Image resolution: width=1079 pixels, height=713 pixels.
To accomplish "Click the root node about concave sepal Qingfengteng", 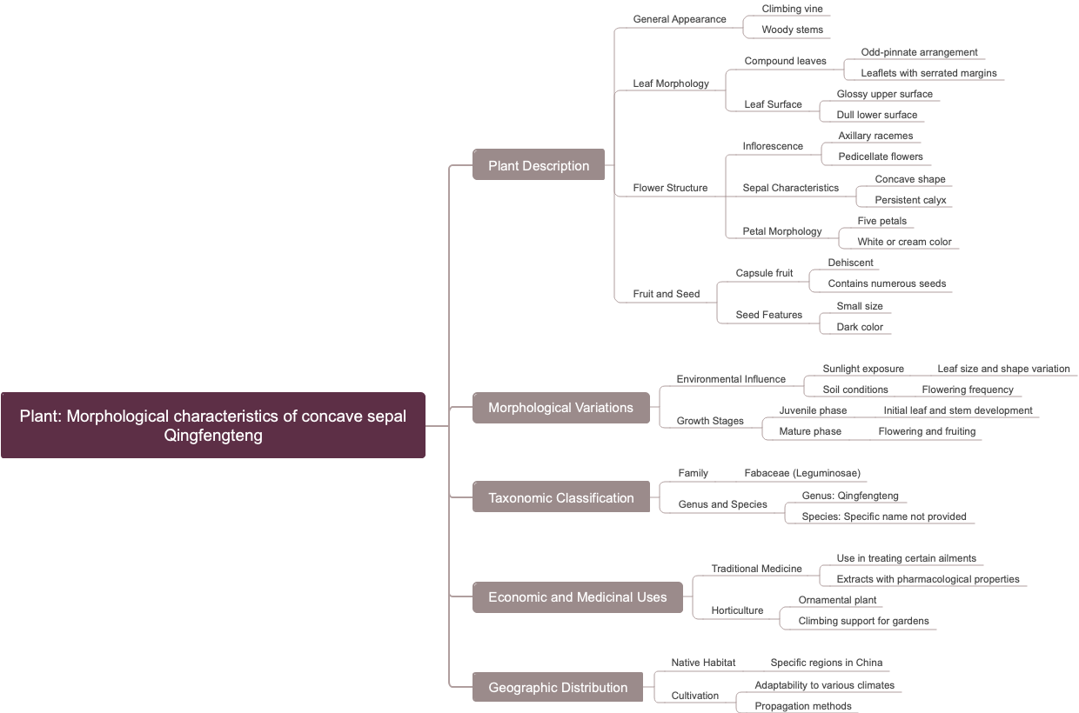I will coord(213,425).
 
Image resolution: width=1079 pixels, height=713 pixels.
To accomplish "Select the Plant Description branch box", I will coord(538,165).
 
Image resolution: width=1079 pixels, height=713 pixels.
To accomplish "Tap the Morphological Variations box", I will coord(560,407).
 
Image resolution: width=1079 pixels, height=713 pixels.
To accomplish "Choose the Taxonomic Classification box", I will coord(560,497).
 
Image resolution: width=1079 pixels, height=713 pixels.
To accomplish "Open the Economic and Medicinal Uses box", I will coord(577,596).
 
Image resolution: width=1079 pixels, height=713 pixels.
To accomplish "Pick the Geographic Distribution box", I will coord(557,687).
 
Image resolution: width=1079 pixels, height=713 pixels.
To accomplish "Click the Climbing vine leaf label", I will coord(792,9).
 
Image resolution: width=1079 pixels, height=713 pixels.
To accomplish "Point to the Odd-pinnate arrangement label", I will coord(919,52).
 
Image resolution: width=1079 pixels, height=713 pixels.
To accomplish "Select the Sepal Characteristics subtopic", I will coord(790,188).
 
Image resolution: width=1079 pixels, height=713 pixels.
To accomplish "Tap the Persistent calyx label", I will coord(910,200).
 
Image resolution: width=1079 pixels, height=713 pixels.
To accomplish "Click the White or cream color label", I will coord(904,242).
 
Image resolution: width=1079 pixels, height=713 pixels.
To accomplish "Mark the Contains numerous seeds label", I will coord(887,283).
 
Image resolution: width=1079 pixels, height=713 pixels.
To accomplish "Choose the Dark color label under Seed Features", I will coord(860,327).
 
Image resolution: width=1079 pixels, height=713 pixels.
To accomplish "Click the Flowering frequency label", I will coord(968,390).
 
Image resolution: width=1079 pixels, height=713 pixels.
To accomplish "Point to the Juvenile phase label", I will coord(813,410).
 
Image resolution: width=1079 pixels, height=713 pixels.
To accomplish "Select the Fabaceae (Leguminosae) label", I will coord(802,473).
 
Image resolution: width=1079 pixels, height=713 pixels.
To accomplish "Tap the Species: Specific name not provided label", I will coord(884,516).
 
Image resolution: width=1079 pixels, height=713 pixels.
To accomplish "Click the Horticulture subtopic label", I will coord(737,610).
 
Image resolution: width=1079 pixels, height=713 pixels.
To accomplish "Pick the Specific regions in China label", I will coord(826,663).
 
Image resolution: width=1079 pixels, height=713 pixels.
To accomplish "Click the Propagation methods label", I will coord(803,706).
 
